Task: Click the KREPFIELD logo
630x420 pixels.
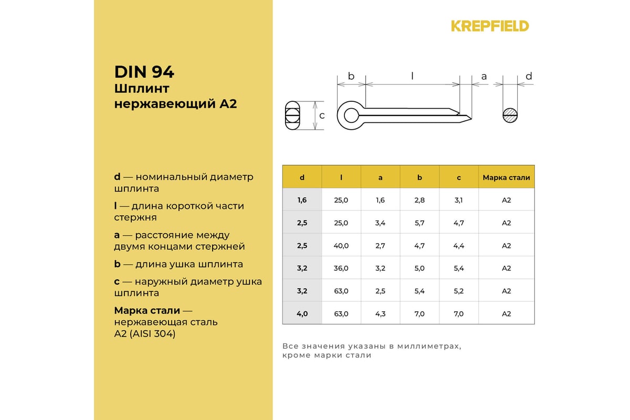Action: pyautogui.click(x=490, y=26)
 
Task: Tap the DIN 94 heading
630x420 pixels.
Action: pyautogui.click(x=144, y=71)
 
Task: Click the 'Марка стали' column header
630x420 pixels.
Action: pyautogui.click(x=506, y=177)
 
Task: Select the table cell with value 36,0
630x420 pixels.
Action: pyautogui.click(x=341, y=268)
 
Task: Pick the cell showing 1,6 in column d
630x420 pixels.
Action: pyautogui.click(x=302, y=200)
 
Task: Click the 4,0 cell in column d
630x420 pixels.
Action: pyautogui.click(x=302, y=313)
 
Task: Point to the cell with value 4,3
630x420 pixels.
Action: pyautogui.click(x=381, y=313)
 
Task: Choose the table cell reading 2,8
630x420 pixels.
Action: pyautogui.click(x=419, y=200)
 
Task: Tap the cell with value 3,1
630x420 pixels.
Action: pyautogui.click(x=459, y=200)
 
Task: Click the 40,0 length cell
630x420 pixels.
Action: pyautogui.click(x=341, y=245)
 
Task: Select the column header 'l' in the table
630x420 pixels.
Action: pyautogui.click(x=341, y=177)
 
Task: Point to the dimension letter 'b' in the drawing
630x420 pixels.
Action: pyautogui.click(x=351, y=77)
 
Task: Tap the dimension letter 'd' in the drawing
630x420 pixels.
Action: pyautogui.click(x=529, y=77)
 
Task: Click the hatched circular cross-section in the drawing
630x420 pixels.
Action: pyautogui.click(x=510, y=115)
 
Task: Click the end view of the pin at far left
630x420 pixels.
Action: pyautogui.click(x=292, y=115)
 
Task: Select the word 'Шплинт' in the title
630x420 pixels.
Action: pyautogui.click(x=141, y=88)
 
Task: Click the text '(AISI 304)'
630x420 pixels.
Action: pyautogui.click(x=152, y=333)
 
